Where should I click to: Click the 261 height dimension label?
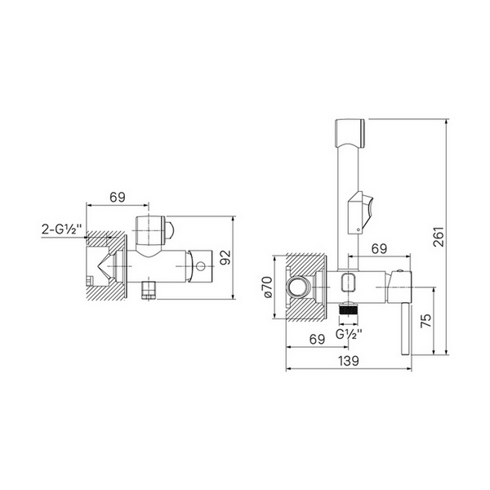click(439, 237)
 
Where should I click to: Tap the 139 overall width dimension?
click(349, 361)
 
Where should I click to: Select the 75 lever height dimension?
click(426, 320)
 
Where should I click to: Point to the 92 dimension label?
click(225, 257)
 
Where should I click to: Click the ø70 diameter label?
click(268, 287)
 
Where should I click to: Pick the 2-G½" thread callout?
click(62, 229)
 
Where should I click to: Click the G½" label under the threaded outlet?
click(349, 334)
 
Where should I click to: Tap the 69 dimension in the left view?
click(118, 197)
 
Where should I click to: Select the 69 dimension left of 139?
click(317, 339)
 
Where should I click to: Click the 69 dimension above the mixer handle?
click(380, 249)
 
